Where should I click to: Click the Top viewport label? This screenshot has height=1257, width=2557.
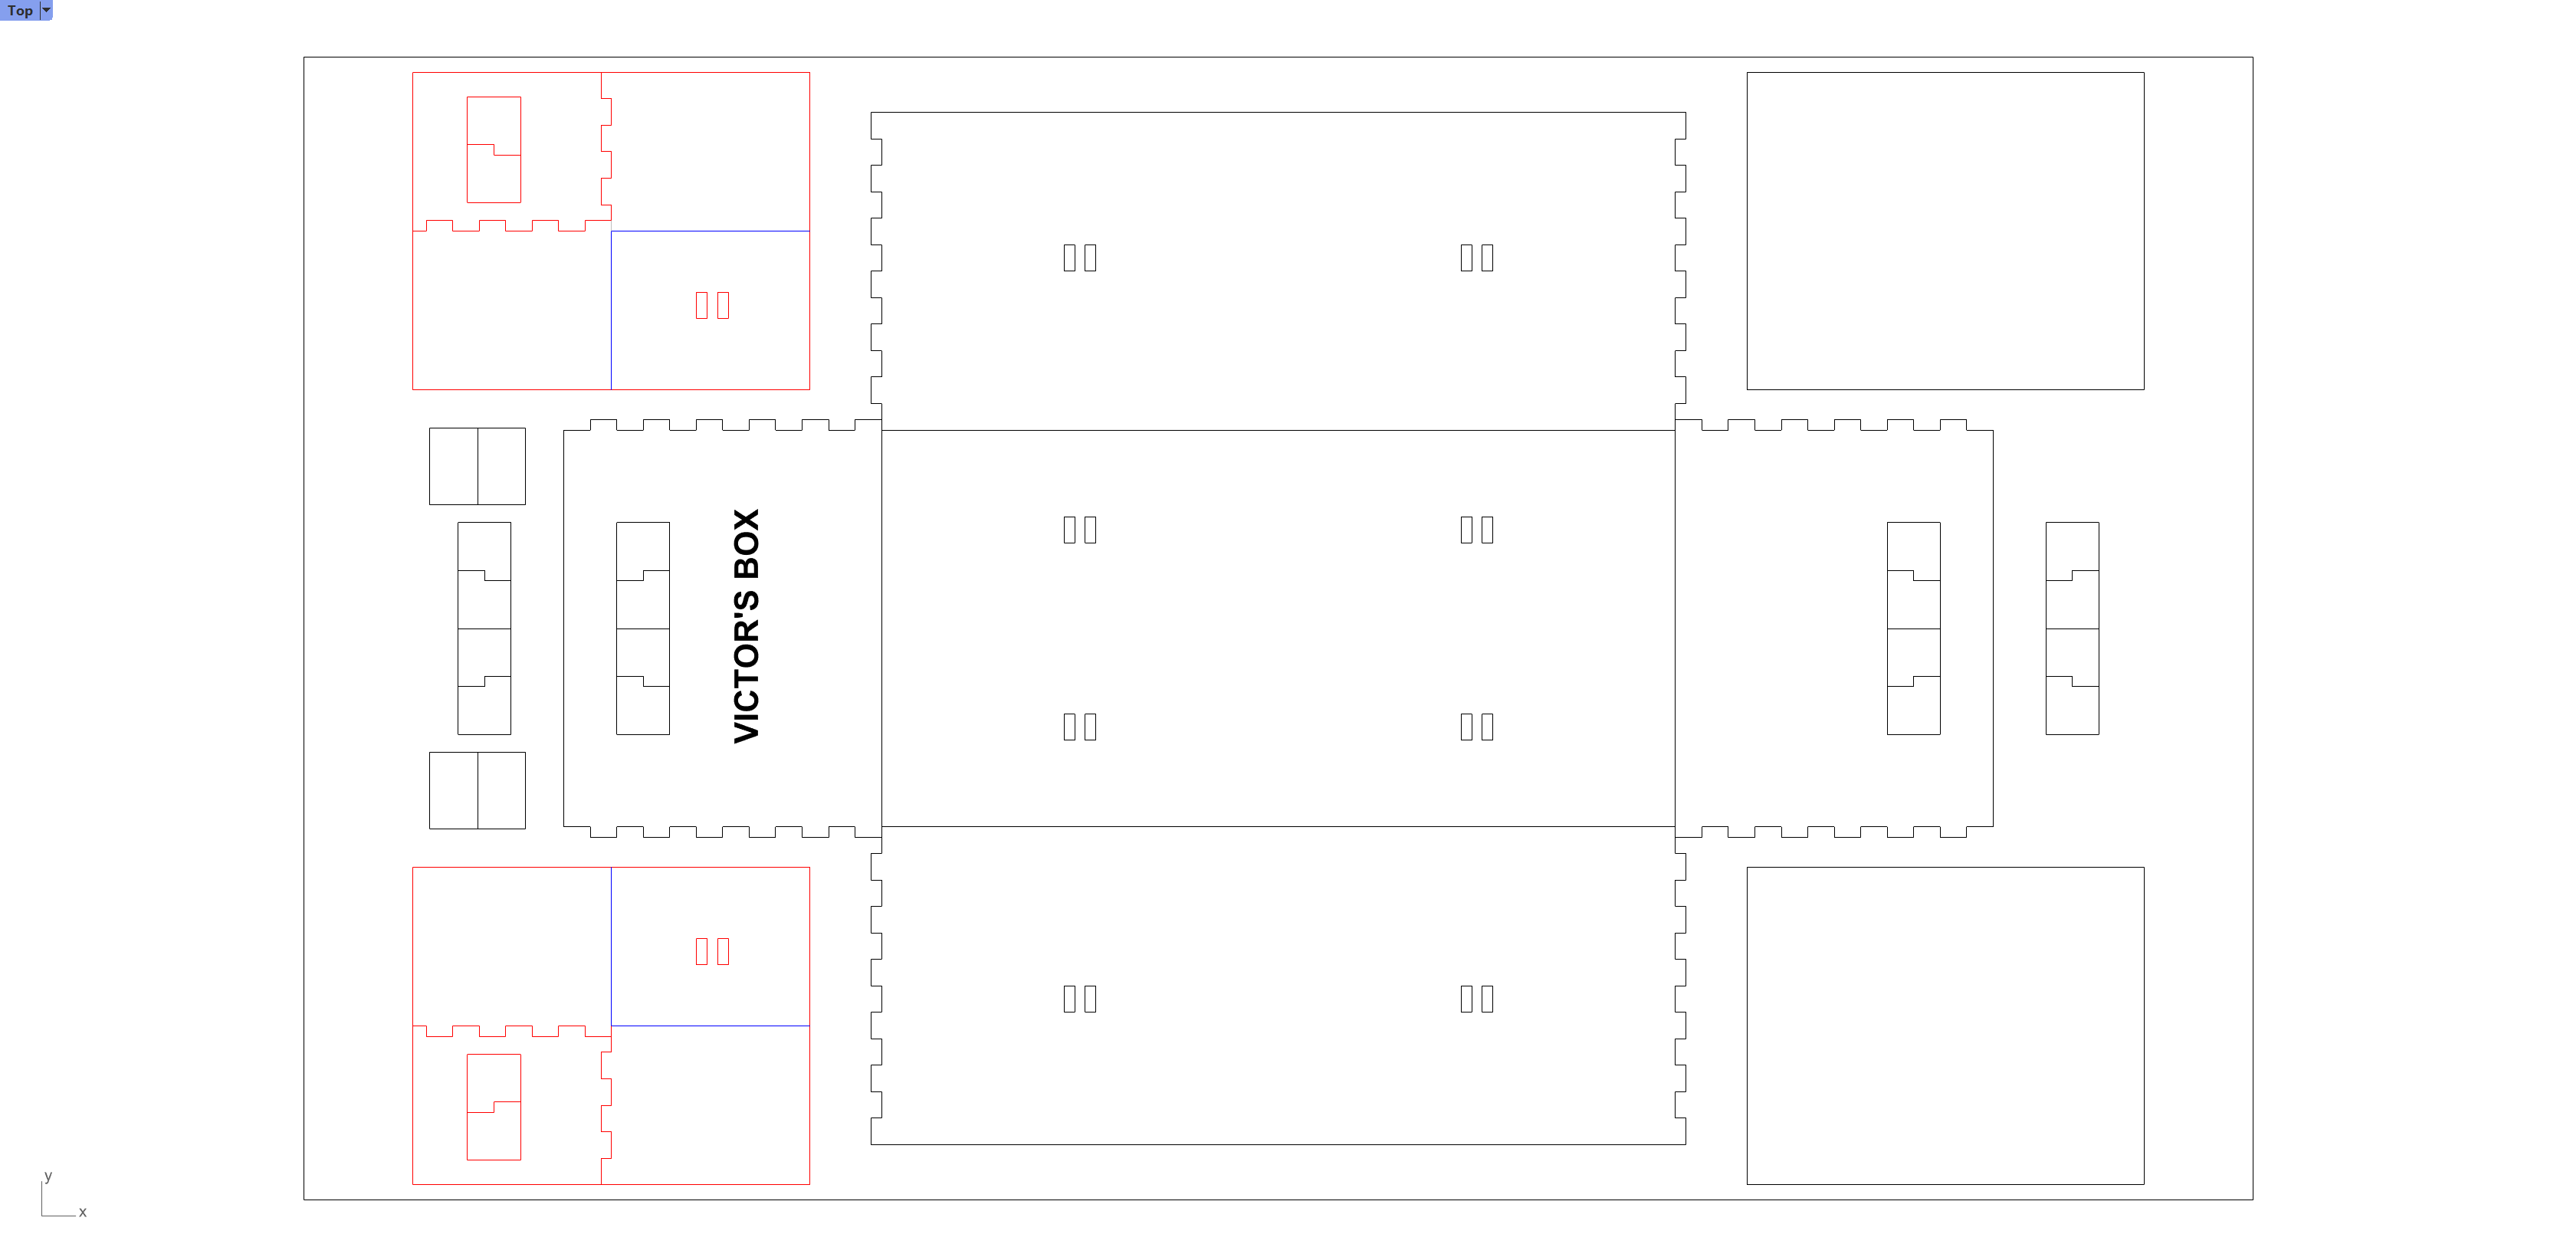[x=20, y=10]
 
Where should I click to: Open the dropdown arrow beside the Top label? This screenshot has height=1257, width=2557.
[x=46, y=10]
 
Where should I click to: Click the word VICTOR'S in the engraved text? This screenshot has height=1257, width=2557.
[x=747, y=666]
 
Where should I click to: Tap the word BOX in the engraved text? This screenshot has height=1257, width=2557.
[x=747, y=544]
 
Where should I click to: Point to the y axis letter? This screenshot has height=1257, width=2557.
[x=48, y=1176]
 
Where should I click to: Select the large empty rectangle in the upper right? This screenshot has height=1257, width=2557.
[x=1945, y=231]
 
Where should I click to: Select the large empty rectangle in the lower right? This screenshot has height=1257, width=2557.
[x=1945, y=1026]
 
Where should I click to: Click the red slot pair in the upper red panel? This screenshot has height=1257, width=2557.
[x=713, y=305]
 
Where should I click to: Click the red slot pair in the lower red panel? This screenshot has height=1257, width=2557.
[x=713, y=951]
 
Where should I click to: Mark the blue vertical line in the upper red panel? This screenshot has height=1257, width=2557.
[x=610, y=310]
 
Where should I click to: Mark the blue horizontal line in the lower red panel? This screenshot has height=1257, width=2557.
[x=710, y=1026]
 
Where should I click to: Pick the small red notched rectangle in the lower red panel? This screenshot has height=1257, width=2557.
[x=494, y=1107]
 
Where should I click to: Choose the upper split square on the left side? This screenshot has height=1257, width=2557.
[x=478, y=467]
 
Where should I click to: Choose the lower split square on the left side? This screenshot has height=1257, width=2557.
[x=478, y=790]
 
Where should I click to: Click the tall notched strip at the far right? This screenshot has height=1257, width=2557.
[x=2072, y=628]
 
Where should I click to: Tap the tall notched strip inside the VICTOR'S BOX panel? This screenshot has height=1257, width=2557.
[x=643, y=628]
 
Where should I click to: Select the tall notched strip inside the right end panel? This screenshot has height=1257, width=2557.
[x=1914, y=628]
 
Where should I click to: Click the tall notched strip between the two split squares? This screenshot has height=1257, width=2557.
[x=484, y=628]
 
